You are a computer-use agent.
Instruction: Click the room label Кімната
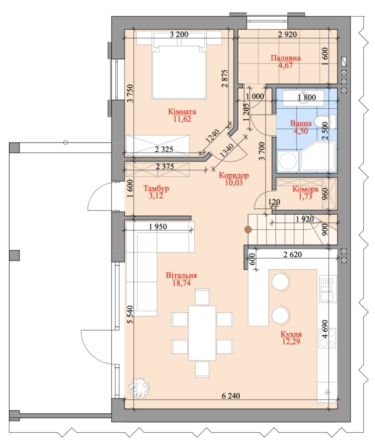click(x=182, y=112)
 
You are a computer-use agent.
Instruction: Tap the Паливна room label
click(x=286, y=58)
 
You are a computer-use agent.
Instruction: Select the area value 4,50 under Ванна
click(x=301, y=131)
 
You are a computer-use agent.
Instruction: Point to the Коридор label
click(x=233, y=175)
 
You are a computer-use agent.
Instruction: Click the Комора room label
click(x=305, y=189)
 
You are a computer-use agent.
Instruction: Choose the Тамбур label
click(x=156, y=188)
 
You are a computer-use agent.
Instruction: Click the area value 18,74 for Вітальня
click(x=182, y=283)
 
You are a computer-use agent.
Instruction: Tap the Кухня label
click(x=291, y=334)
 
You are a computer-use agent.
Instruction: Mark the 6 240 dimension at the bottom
click(x=230, y=396)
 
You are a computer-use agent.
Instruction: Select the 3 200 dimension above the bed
click(x=179, y=34)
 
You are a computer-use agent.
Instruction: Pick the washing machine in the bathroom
click(x=288, y=161)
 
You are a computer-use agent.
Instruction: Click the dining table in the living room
click(x=202, y=333)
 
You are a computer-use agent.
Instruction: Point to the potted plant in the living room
click(x=139, y=387)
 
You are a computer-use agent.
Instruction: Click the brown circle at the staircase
click(x=248, y=230)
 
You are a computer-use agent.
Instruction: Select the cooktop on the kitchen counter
click(x=327, y=338)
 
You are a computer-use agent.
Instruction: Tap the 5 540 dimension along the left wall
click(x=130, y=314)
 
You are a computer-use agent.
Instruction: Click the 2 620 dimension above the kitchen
click(x=292, y=254)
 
